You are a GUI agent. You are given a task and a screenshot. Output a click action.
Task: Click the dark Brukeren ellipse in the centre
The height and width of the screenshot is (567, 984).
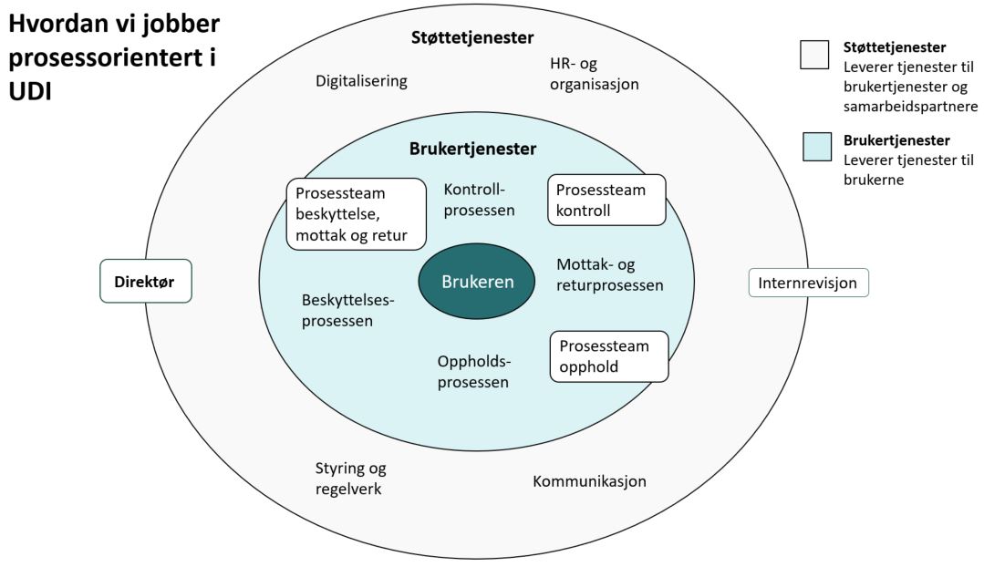click(477, 282)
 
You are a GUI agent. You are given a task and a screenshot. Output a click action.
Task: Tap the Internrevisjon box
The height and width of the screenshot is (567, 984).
click(808, 283)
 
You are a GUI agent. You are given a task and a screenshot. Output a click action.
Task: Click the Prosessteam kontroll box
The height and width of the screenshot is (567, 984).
click(606, 201)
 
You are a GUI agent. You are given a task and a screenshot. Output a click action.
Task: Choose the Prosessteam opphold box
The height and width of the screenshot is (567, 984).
click(609, 356)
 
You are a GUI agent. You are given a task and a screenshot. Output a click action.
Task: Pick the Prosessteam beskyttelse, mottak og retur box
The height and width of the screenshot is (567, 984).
click(356, 213)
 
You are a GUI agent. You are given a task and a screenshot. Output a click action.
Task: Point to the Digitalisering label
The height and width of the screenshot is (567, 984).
click(361, 81)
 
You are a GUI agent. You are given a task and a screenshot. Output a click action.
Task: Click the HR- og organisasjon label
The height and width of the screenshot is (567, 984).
click(594, 73)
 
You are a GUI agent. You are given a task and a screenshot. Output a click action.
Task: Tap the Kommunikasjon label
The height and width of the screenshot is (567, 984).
click(589, 480)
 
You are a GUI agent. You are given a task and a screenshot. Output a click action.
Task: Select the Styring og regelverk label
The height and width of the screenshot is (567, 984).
click(350, 479)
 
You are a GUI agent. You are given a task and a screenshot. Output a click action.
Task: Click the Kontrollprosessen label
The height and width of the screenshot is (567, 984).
click(479, 200)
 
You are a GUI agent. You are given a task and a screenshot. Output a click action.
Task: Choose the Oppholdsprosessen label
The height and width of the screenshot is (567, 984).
click(472, 372)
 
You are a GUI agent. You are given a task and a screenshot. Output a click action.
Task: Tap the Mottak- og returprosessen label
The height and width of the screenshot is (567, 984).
click(609, 274)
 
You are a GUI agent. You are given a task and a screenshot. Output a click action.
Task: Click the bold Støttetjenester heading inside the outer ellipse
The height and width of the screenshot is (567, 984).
click(471, 37)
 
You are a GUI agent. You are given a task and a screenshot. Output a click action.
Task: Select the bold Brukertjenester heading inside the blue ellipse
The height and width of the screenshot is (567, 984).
click(472, 149)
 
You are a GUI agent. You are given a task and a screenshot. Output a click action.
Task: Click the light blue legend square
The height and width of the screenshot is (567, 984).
click(817, 146)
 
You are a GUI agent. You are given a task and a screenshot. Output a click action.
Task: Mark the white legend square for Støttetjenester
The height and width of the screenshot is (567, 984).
click(813, 55)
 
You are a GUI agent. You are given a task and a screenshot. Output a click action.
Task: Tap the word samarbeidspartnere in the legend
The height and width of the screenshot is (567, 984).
click(911, 106)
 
